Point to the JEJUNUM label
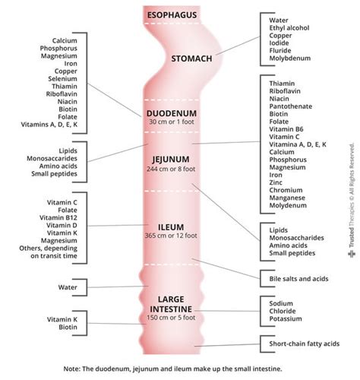pyautogui.click(x=170, y=159)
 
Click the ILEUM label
pyautogui.click(x=170, y=226)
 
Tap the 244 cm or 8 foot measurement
pyautogui.click(x=170, y=169)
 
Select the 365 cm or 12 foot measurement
pyautogui.click(x=170, y=236)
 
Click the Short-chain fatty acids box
pyautogui.click(x=305, y=344)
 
